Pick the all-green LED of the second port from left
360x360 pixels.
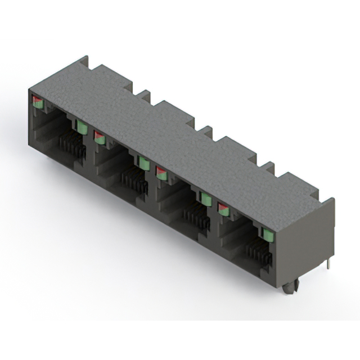144,163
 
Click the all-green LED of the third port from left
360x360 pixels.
206,199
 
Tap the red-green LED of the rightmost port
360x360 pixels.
224,209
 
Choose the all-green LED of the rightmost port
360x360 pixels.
266,234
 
